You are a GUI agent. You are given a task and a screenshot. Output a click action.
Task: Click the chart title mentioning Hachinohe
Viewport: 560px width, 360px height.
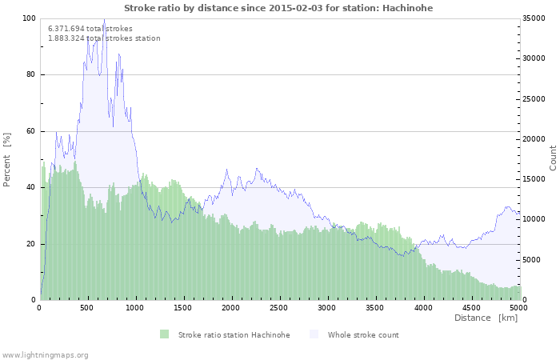pos(278,8)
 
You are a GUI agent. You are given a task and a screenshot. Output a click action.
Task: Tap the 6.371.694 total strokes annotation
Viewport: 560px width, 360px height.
pos(90,29)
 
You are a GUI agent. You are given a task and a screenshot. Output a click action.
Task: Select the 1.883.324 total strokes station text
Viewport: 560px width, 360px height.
pos(104,38)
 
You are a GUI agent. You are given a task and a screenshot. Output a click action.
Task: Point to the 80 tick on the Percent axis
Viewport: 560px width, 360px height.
pos(30,74)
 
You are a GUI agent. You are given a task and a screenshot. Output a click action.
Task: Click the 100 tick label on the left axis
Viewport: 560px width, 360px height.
pos(29,18)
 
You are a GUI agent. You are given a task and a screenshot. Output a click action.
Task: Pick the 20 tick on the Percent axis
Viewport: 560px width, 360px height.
pos(30,244)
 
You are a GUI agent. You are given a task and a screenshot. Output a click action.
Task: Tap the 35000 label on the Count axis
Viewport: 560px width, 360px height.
pos(534,18)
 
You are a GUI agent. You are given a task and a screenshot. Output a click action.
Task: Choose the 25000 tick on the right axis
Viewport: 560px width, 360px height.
pos(534,99)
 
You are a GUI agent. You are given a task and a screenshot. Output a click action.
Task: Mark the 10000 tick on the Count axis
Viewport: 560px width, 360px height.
pos(534,219)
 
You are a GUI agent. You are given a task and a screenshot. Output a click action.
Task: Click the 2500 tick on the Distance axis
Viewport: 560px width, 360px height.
pos(278,308)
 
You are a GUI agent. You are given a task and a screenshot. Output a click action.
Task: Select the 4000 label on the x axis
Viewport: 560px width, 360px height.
pos(423,308)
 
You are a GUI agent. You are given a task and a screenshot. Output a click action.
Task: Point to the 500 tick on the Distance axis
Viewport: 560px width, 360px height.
pos(86,308)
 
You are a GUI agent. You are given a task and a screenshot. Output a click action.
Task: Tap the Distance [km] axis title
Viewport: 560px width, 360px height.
pos(486,318)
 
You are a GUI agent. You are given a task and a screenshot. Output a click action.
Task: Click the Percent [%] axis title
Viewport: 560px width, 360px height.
pos(6,160)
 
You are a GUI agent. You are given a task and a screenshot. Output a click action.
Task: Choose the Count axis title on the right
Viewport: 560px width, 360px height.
pos(553,158)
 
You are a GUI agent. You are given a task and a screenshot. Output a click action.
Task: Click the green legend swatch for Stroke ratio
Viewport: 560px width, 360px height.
pos(164,334)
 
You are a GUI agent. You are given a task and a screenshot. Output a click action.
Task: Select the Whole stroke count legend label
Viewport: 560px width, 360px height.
pos(363,335)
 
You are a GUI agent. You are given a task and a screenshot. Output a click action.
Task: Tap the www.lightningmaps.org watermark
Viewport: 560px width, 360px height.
pos(44,355)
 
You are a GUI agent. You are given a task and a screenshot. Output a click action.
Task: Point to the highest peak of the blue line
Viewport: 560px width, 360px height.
pos(104,19)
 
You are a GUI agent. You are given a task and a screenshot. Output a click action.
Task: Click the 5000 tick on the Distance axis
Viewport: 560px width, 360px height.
pos(518,308)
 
